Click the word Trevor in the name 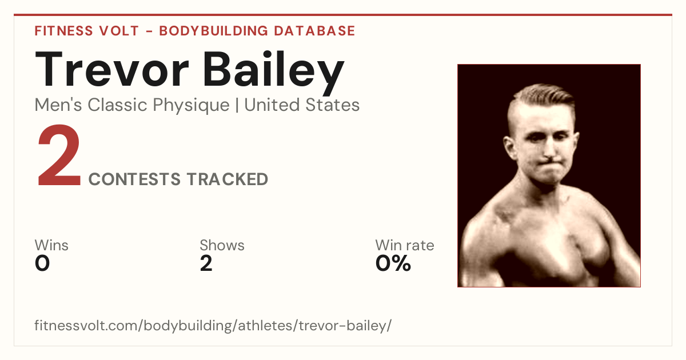click(111, 69)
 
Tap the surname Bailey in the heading click(273, 73)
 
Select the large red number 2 click(59, 155)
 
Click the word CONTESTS click(134, 179)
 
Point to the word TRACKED click(228, 179)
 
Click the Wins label click(51, 245)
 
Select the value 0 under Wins click(42, 263)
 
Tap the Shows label click(222, 245)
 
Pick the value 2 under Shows click(206, 263)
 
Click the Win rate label click(405, 245)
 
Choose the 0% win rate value click(393, 263)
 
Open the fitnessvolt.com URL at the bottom click(213, 325)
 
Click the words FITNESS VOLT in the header click(87, 31)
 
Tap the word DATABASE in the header click(314, 31)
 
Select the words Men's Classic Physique click(132, 105)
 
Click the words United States click(302, 105)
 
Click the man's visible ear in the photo click(510, 147)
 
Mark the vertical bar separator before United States click(237, 105)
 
